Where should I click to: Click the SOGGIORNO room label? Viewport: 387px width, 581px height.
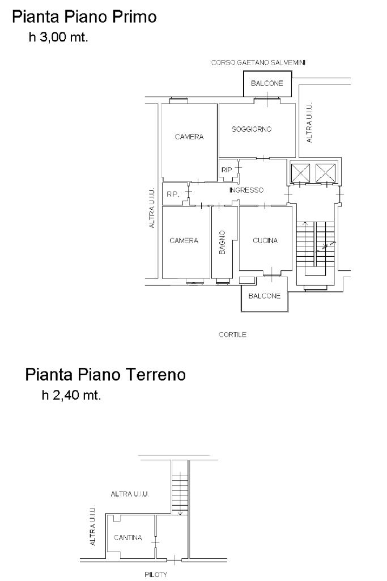click(252, 129)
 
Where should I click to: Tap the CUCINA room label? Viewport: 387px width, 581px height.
click(265, 240)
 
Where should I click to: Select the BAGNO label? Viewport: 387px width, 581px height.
click(222, 243)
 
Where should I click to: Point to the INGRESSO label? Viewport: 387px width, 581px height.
click(246, 190)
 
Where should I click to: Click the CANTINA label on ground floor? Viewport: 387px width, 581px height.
click(127, 537)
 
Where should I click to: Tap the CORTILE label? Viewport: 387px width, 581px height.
click(232, 334)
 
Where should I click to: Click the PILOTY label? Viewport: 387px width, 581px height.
click(156, 575)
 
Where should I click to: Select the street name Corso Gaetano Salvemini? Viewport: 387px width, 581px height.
click(258, 62)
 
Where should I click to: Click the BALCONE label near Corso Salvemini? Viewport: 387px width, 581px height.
click(267, 83)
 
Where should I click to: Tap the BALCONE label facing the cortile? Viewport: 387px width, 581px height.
click(265, 296)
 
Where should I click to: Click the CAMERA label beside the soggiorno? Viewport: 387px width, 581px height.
click(189, 137)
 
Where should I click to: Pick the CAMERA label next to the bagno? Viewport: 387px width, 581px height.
click(184, 240)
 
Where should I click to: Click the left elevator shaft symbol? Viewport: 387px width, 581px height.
click(300, 173)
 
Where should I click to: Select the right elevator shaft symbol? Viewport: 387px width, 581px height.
click(326, 173)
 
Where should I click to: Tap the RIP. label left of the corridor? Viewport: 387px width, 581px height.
click(173, 194)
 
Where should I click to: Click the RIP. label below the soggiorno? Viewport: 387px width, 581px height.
click(227, 170)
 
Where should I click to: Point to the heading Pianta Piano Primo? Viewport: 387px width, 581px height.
click(84, 17)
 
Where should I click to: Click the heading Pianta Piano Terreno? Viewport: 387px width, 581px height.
click(105, 374)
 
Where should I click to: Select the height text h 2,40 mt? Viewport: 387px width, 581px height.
click(71, 395)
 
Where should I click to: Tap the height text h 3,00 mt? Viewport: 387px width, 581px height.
click(58, 37)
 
